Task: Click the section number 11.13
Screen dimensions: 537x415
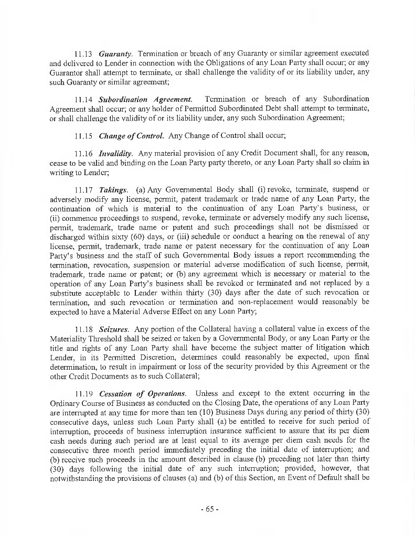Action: click(83, 53)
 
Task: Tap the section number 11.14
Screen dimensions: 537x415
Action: click(83, 99)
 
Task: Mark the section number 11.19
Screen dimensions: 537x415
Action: click(83, 393)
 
